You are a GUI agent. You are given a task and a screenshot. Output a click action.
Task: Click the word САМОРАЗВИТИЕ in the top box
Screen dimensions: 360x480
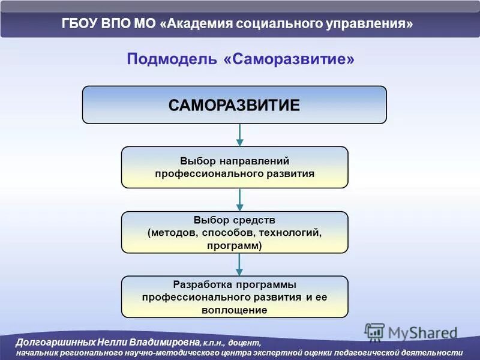(x=234, y=106)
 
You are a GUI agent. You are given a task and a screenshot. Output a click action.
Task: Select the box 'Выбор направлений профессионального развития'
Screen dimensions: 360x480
(x=235, y=167)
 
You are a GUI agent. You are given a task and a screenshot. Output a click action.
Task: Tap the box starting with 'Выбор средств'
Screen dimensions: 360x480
(x=235, y=232)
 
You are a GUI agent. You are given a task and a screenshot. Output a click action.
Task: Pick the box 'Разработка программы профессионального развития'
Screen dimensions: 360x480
(x=235, y=297)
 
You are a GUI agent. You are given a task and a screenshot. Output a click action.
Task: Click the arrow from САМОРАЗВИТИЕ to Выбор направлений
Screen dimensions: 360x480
(x=239, y=135)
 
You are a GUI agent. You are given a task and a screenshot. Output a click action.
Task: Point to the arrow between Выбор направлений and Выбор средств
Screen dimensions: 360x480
(x=239, y=200)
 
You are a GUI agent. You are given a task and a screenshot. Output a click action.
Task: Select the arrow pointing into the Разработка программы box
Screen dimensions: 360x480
(x=239, y=265)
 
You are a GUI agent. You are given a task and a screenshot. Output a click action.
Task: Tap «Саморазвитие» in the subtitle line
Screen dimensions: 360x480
(x=289, y=59)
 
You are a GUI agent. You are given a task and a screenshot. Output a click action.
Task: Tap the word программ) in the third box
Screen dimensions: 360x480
(x=235, y=245)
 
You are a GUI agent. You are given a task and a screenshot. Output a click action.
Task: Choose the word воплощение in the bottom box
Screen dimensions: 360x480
(x=235, y=310)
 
